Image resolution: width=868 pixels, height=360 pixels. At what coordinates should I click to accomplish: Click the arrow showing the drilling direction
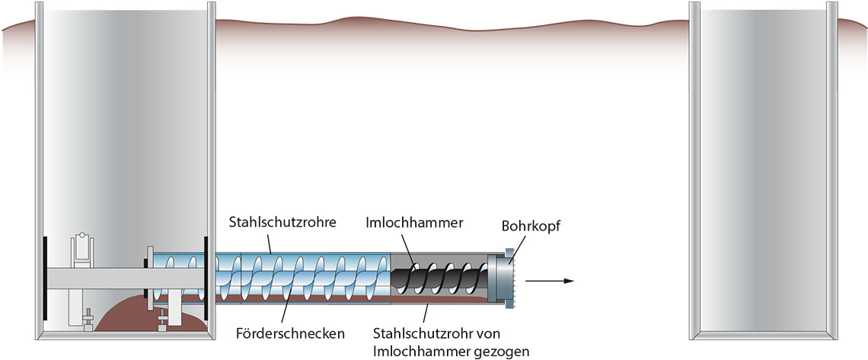[x=549, y=281]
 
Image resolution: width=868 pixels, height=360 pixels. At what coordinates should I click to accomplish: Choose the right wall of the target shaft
[x=832, y=167]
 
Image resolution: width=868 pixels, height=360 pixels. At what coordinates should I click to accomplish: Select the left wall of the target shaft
[x=694, y=167]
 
